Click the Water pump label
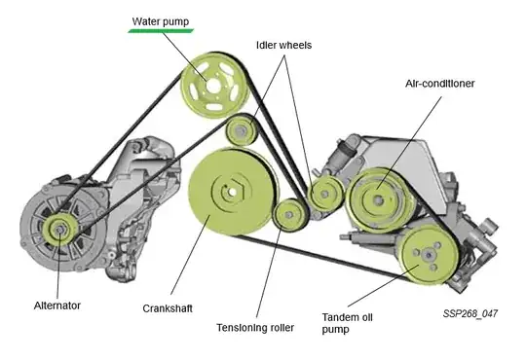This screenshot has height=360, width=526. point(161,21)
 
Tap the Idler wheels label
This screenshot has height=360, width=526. point(283,45)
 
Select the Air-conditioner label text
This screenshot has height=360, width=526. point(439,84)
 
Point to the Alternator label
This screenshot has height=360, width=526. point(57,306)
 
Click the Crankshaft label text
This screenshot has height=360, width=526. point(168,308)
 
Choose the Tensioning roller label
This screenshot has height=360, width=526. point(255,328)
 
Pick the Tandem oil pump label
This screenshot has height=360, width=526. point(347,323)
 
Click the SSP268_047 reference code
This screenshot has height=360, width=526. point(470,313)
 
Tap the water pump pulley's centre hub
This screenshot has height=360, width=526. point(213,86)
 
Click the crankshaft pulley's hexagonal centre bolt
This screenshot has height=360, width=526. point(233,192)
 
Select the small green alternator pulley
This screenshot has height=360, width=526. point(60,230)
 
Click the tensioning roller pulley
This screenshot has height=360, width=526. point(289,214)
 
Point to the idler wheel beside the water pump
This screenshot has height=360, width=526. point(241,130)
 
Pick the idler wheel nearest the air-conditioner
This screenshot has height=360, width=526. point(324,194)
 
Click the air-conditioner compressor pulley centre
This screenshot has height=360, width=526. point(378,200)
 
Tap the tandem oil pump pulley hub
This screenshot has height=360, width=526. point(428,256)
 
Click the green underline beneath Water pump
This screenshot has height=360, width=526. point(161,31)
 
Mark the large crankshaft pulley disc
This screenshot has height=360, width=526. point(233,193)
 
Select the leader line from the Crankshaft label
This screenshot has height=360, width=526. point(191,255)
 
